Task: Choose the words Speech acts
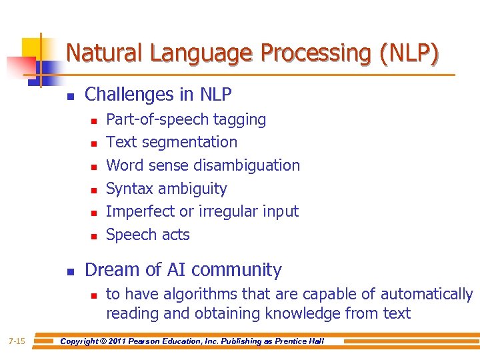[148, 235]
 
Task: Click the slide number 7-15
[17, 341]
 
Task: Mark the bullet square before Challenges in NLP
[70, 97]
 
